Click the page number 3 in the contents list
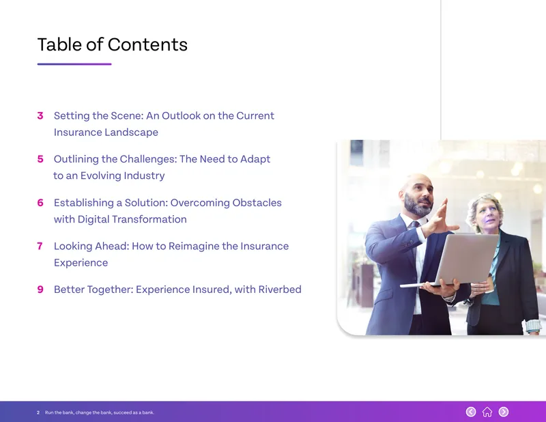pos(40,115)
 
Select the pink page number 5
pos(40,159)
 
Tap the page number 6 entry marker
pos(40,203)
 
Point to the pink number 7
pos(40,246)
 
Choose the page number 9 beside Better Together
pos(40,290)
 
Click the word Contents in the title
pos(147,44)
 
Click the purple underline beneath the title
pos(74,64)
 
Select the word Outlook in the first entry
pos(181,115)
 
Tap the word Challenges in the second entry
pos(148,159)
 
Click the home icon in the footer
pos(487,412)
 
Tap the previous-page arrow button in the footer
pos(471,412)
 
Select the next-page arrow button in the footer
pos(504,412)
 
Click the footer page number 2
pos(38,412)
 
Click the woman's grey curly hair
pos(484,206)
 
